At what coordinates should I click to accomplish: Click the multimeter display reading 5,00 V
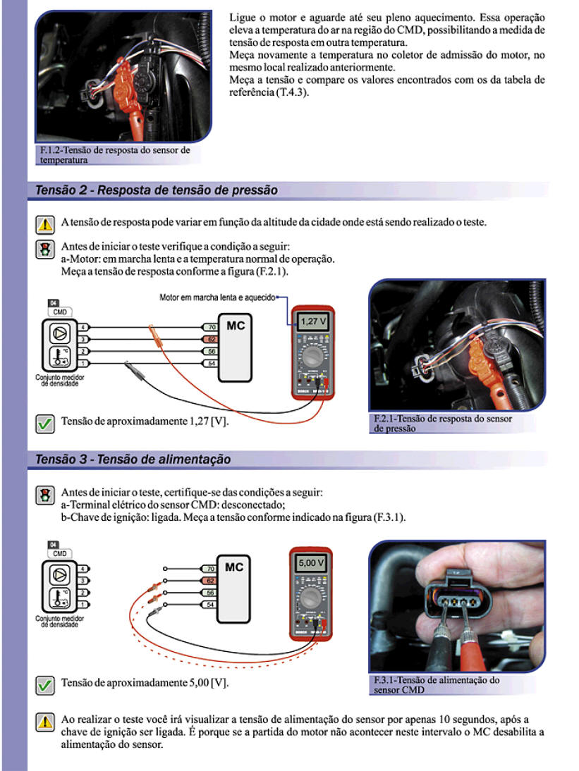pyautogui.click(x=311, y=564)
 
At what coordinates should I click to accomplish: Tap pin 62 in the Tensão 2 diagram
pyautogui.click(x=210, y=339)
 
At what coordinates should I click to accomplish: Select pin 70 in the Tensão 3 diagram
pyautogui.click(x=209, y=568)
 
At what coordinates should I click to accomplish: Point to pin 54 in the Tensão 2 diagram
pyautogui.click(x=210, y=363)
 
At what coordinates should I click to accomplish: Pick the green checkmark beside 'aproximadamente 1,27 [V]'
pyautogui.click(x=45, y=423)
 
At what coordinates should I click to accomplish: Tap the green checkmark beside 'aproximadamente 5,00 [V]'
pyautogui.click(x=45, y=684)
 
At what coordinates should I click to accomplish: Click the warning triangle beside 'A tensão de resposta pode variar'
pyautogui.click(x=45, y=224)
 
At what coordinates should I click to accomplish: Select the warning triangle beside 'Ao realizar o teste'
pyautogui.click(x=45, y=721)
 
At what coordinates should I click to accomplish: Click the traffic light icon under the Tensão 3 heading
pyautogui.click(x=45, y=494)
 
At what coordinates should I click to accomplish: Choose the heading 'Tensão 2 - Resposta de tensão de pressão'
pyautogui.click(x=157, y=190)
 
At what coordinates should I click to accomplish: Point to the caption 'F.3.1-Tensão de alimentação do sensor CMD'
pyautogui.click(x=436, y=685)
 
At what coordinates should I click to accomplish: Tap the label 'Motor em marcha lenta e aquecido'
pyautogui.click(x=217, y=297)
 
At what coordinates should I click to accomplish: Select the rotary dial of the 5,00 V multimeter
pyautogui.click(x=310, y=599)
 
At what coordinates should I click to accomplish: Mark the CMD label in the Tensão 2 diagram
pyautogui.click(x=60, y=312)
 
